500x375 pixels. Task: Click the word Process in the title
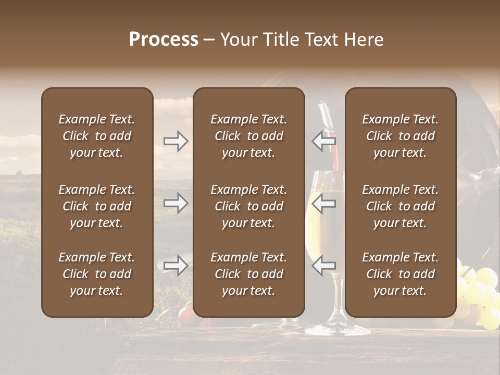164,40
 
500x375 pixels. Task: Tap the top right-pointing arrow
176,141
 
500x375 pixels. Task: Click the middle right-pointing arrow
176,203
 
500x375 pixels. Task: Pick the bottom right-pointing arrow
176,266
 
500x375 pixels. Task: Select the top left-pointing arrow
323,141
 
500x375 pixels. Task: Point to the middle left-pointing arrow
323,203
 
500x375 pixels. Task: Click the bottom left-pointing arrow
323,266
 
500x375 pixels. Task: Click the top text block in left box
97,136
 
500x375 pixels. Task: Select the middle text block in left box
97,206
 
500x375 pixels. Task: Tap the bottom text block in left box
97,274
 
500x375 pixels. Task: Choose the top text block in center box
248,136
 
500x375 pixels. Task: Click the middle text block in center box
248,206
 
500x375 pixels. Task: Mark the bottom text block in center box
248,274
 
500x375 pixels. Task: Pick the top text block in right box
400,136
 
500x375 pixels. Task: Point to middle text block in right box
400,206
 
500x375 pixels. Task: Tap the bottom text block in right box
400,274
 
